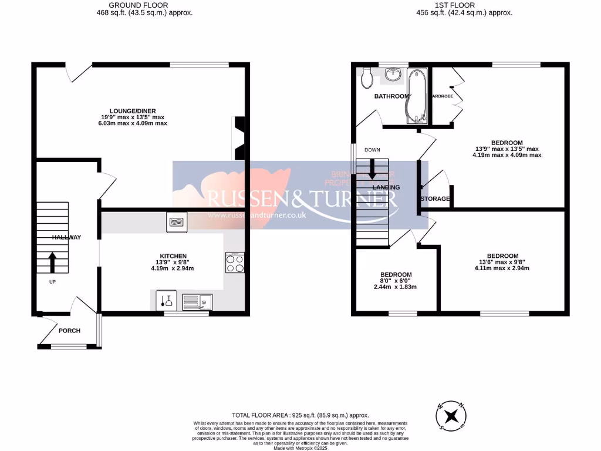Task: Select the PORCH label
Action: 69,331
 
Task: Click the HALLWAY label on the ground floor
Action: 66,237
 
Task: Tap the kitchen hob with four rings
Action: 235,262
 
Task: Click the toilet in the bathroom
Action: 367,76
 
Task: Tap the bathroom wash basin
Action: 393,75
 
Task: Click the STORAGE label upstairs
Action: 435,199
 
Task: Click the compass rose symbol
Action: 451,416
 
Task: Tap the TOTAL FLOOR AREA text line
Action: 300,415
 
